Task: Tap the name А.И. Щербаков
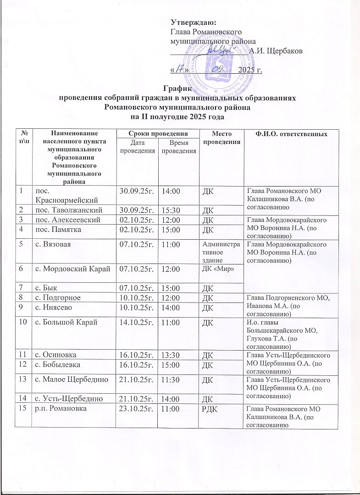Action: click(x=274, y=50)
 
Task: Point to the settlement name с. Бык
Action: click(x=45, y=287)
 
